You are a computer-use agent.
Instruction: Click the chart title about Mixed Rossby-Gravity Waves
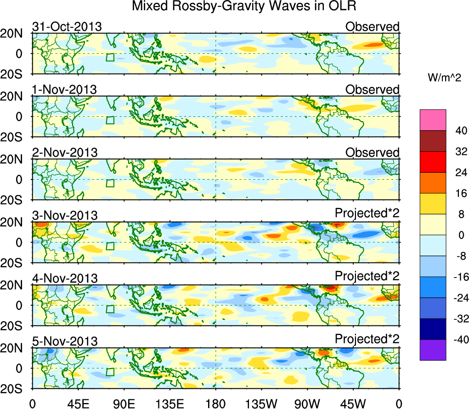point(244,6)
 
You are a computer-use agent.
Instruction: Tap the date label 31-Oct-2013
point(67,27)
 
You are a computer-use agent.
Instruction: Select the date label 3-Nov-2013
point(65,215)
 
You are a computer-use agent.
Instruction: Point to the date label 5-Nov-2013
point(65,341)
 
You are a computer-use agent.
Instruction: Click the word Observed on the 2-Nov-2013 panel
point(372,153)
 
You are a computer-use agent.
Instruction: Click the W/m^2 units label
point(444,78)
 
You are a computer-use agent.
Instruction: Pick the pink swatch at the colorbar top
point(433,120)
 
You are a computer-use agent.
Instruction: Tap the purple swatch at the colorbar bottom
point(433,350)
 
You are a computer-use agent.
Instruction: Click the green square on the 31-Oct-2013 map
point(110,57)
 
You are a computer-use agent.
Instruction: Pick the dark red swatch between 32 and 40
point(433,141)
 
